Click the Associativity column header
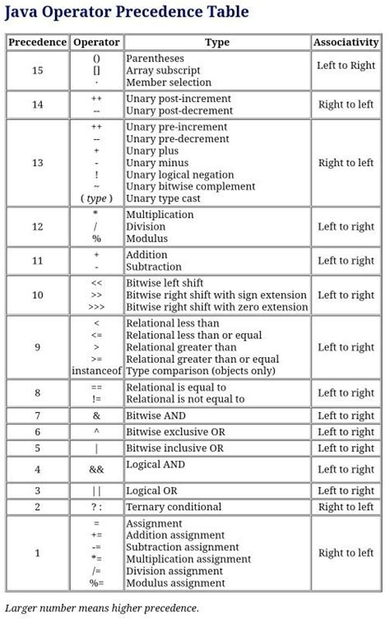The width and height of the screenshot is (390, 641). click(x=346, y=42)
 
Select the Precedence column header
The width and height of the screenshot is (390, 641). click(x=37, y=42)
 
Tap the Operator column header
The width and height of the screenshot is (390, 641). click(x=96, y=42)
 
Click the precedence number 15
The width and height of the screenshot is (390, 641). click(x=37, y=71)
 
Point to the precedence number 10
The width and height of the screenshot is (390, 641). click(x=37, y=295)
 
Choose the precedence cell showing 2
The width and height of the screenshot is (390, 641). click(x=37, y=507)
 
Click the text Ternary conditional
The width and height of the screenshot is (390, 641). click(x=174, y=507)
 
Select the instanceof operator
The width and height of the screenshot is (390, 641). click(x=96, y=371)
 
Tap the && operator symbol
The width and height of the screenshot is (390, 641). click(x=96, y=469)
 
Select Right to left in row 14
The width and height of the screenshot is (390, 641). click(x=346, y=105)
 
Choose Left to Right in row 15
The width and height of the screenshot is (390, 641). click(x=346, y=65)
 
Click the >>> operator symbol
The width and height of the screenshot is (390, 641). click(x=96, y=308)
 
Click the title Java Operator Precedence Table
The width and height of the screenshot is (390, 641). click(x=127, y=12)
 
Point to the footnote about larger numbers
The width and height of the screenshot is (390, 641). click(x=102, y=608)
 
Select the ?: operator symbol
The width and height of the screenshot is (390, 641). click(x=96, y=507)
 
